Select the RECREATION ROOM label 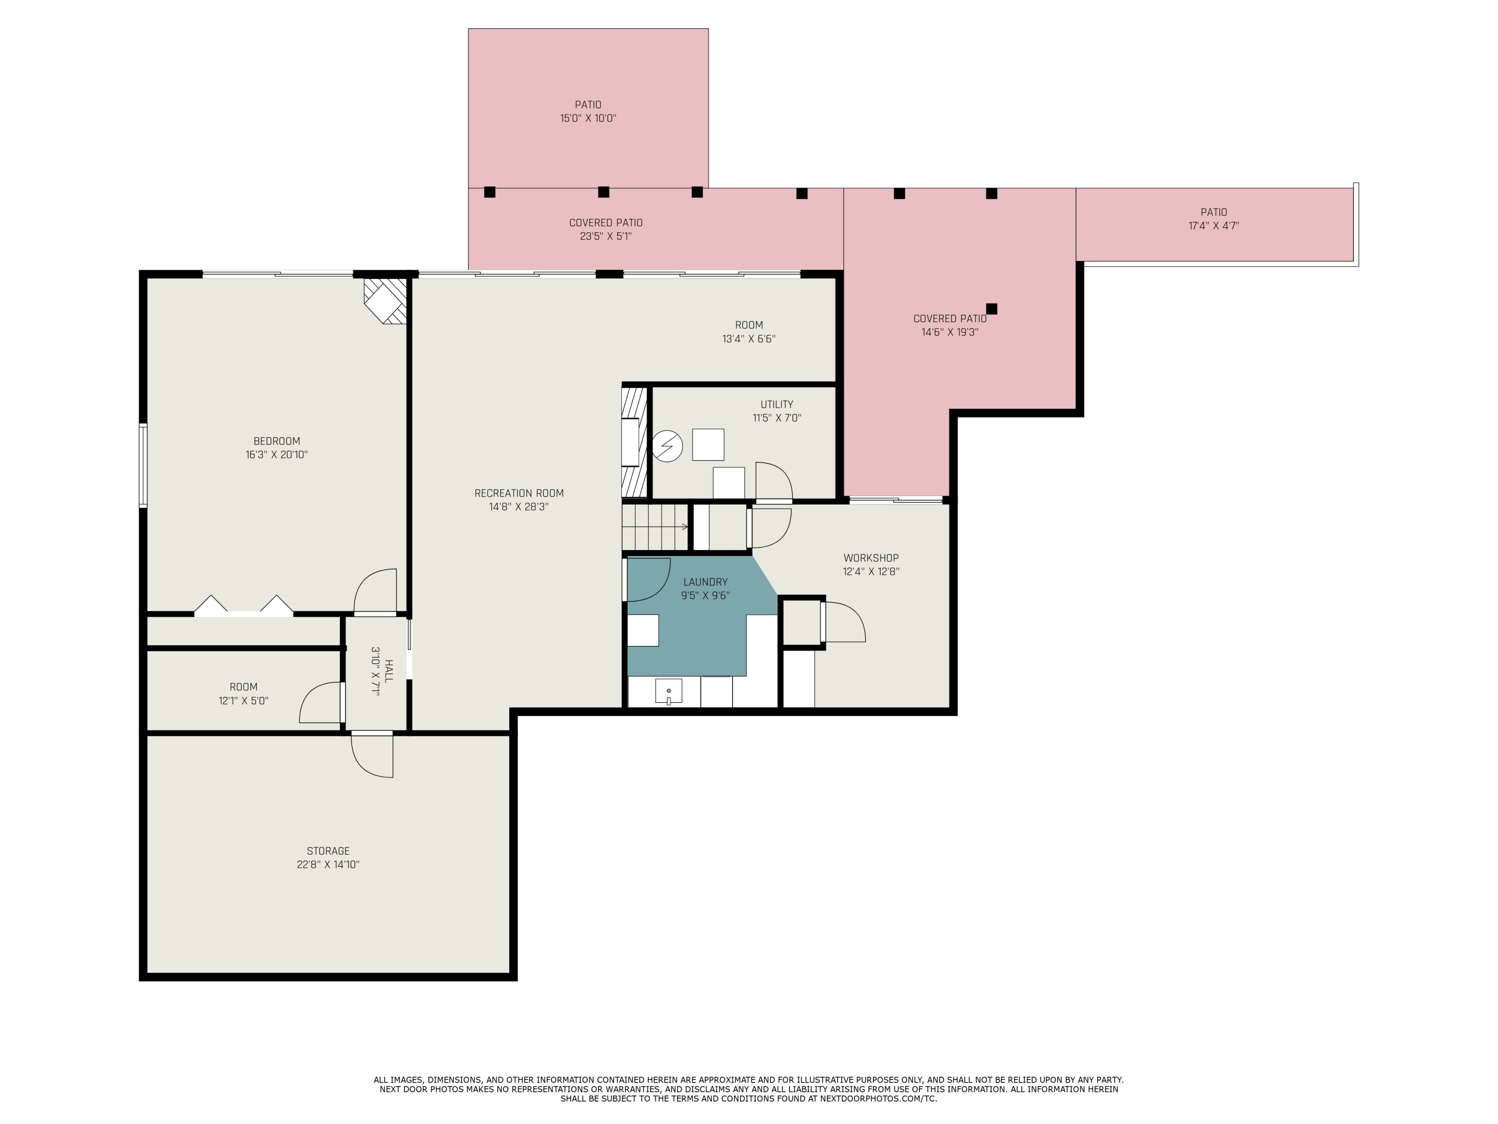[519, 493]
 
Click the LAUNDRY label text [705, 582]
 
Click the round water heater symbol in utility [667, 447]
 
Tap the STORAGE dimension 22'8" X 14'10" [328, 865]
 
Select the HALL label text [388, 671]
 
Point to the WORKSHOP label [871, 559]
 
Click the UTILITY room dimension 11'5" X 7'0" [777, 418]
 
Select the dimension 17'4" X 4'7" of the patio [1213, 226]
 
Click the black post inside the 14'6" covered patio [992, 309]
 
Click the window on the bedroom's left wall [143, 466]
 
